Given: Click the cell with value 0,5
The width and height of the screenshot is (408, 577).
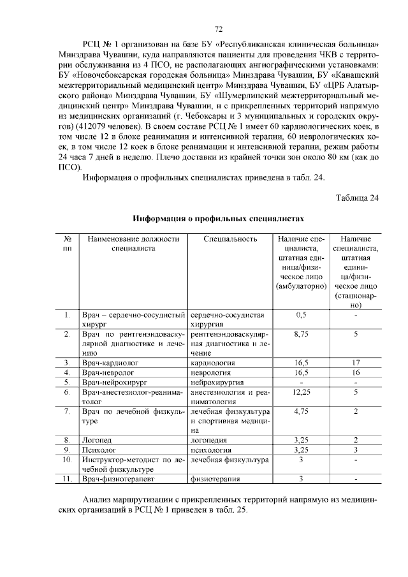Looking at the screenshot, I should click(x=301, y=314).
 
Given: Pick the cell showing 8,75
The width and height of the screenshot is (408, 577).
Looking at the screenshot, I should click(x=301, y=333).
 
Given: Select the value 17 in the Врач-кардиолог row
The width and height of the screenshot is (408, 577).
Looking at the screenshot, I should click(x=356, y=362).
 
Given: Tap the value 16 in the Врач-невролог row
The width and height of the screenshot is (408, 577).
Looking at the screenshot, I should click(x=356, y=372).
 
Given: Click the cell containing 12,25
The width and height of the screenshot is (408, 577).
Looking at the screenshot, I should click(x=301, y=391).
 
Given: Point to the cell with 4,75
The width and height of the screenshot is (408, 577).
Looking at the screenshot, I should click(x=301, y=411).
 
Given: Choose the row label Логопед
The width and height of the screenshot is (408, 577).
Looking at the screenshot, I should click(x=95, y=440).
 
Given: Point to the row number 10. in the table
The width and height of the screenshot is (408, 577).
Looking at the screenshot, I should click(x=67, y=459).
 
